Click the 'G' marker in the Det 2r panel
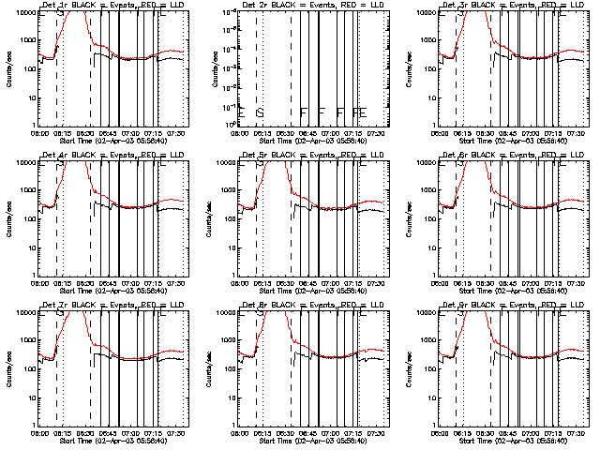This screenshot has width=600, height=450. tap(260, 112)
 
